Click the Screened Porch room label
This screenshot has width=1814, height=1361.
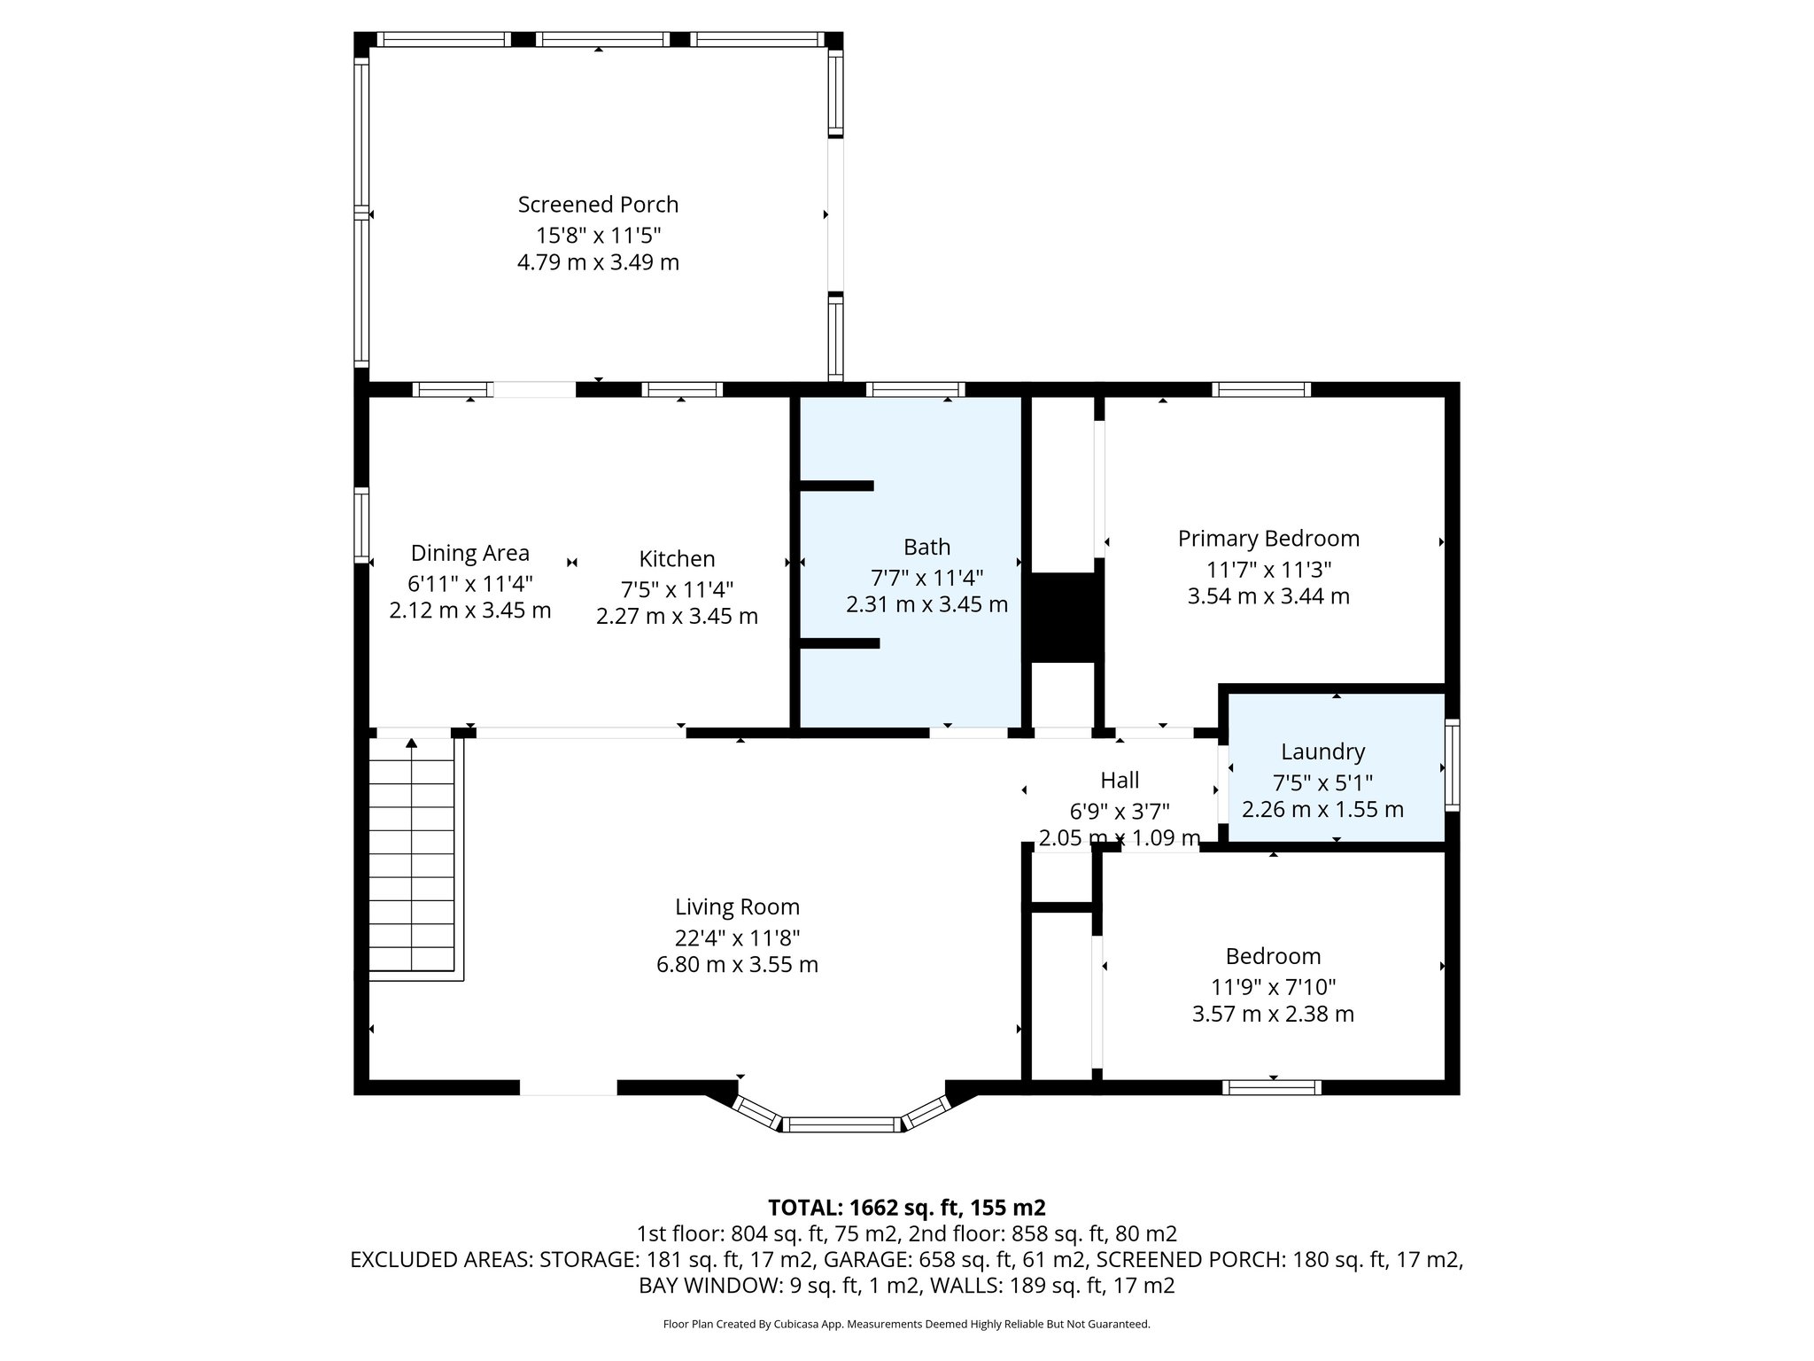point(598,205)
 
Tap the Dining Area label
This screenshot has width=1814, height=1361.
point(469,553)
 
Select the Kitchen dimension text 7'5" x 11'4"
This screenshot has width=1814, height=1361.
point(677,588)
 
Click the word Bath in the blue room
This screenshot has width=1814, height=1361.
point(926,547)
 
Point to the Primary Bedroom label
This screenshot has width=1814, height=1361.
point(1267,539)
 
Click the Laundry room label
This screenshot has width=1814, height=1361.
point(1322,751)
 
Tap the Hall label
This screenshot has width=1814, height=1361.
point(1120,781)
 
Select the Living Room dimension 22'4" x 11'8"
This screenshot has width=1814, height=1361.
point(737,937)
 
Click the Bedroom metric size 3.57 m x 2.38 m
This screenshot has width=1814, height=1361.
point(1273,1014)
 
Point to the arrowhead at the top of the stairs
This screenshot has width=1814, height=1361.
point(412,743)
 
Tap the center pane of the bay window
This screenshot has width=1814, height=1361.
point(841,1124)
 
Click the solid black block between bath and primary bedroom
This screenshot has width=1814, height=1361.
point(1064,617)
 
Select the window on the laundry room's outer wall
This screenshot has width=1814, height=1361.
point(1452,765)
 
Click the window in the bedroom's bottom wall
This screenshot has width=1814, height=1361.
point(1272,1087)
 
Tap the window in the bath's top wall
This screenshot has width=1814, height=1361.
point(915,389)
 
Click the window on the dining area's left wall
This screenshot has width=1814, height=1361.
point(361,525)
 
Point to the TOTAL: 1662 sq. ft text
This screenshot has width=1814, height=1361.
point(906,1208)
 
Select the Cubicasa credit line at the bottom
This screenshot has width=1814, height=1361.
point(906,1324)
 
